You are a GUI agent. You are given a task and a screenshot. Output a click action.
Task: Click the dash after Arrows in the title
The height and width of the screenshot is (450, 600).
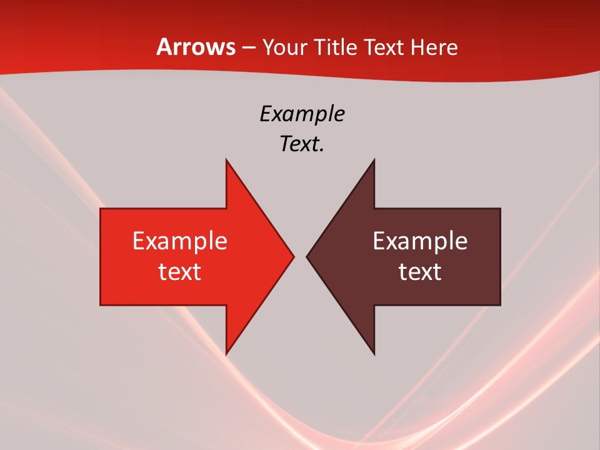[x=249, y=48]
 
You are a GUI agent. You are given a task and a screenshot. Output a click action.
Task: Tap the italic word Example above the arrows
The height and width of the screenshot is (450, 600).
[x=302, y=114]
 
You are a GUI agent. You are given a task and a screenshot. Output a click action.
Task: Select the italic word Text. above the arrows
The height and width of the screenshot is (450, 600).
[x=302, y=144]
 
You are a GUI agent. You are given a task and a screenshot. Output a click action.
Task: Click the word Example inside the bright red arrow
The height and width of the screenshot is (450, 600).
[x=180, y=241]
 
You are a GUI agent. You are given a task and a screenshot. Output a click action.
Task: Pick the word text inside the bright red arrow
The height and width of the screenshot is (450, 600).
[x=180, y=271]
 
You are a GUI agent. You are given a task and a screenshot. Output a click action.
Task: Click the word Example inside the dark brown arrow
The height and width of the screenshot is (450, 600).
[x=420, y=241]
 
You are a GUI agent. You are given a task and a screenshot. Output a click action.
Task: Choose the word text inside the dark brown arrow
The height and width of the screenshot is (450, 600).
[x=420, y=271]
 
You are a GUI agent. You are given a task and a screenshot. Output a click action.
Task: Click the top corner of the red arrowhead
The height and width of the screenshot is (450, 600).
[x=227, y=161]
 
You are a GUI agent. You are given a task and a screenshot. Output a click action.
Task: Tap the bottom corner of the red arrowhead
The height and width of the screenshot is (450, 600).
[x=227, y=353]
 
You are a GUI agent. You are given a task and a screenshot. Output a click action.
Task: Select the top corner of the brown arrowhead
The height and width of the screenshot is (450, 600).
[x=374, y=161]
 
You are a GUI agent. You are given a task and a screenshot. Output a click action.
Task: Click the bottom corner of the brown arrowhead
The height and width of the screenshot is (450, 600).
[x=374, y=353]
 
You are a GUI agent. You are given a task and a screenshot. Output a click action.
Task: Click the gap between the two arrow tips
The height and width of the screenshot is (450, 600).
[x=300, y=256]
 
